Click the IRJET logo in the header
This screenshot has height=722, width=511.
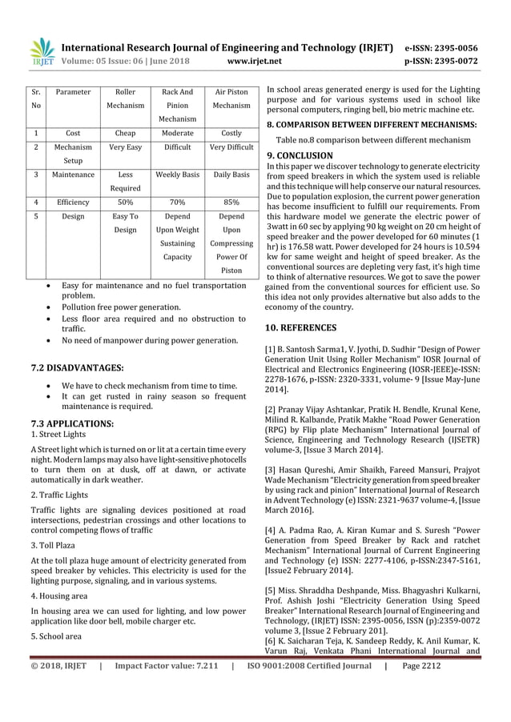[40, 50]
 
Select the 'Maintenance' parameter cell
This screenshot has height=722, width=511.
[73, 173]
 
